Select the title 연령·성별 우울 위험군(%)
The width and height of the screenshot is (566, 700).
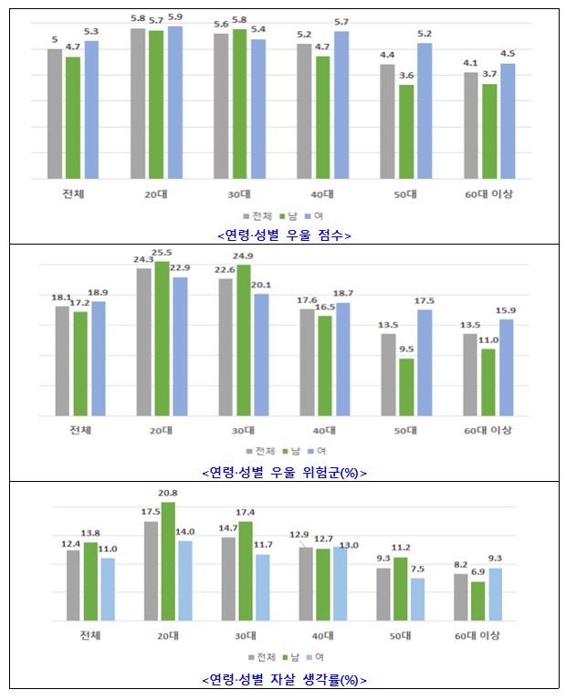283,473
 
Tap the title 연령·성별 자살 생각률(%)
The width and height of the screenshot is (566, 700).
283,680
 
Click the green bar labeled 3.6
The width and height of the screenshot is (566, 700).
406,132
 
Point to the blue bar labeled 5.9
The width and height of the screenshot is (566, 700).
174,102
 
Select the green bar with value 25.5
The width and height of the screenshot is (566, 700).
162,339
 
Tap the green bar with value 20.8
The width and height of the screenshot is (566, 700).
168,561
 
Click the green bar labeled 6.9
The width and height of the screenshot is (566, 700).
478,601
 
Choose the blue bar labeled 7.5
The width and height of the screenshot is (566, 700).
418,599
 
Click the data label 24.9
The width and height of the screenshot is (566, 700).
243,256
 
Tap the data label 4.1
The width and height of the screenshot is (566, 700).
470,63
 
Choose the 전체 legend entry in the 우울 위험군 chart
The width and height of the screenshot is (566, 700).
265,451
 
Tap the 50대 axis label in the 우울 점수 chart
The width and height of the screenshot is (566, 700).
405,193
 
